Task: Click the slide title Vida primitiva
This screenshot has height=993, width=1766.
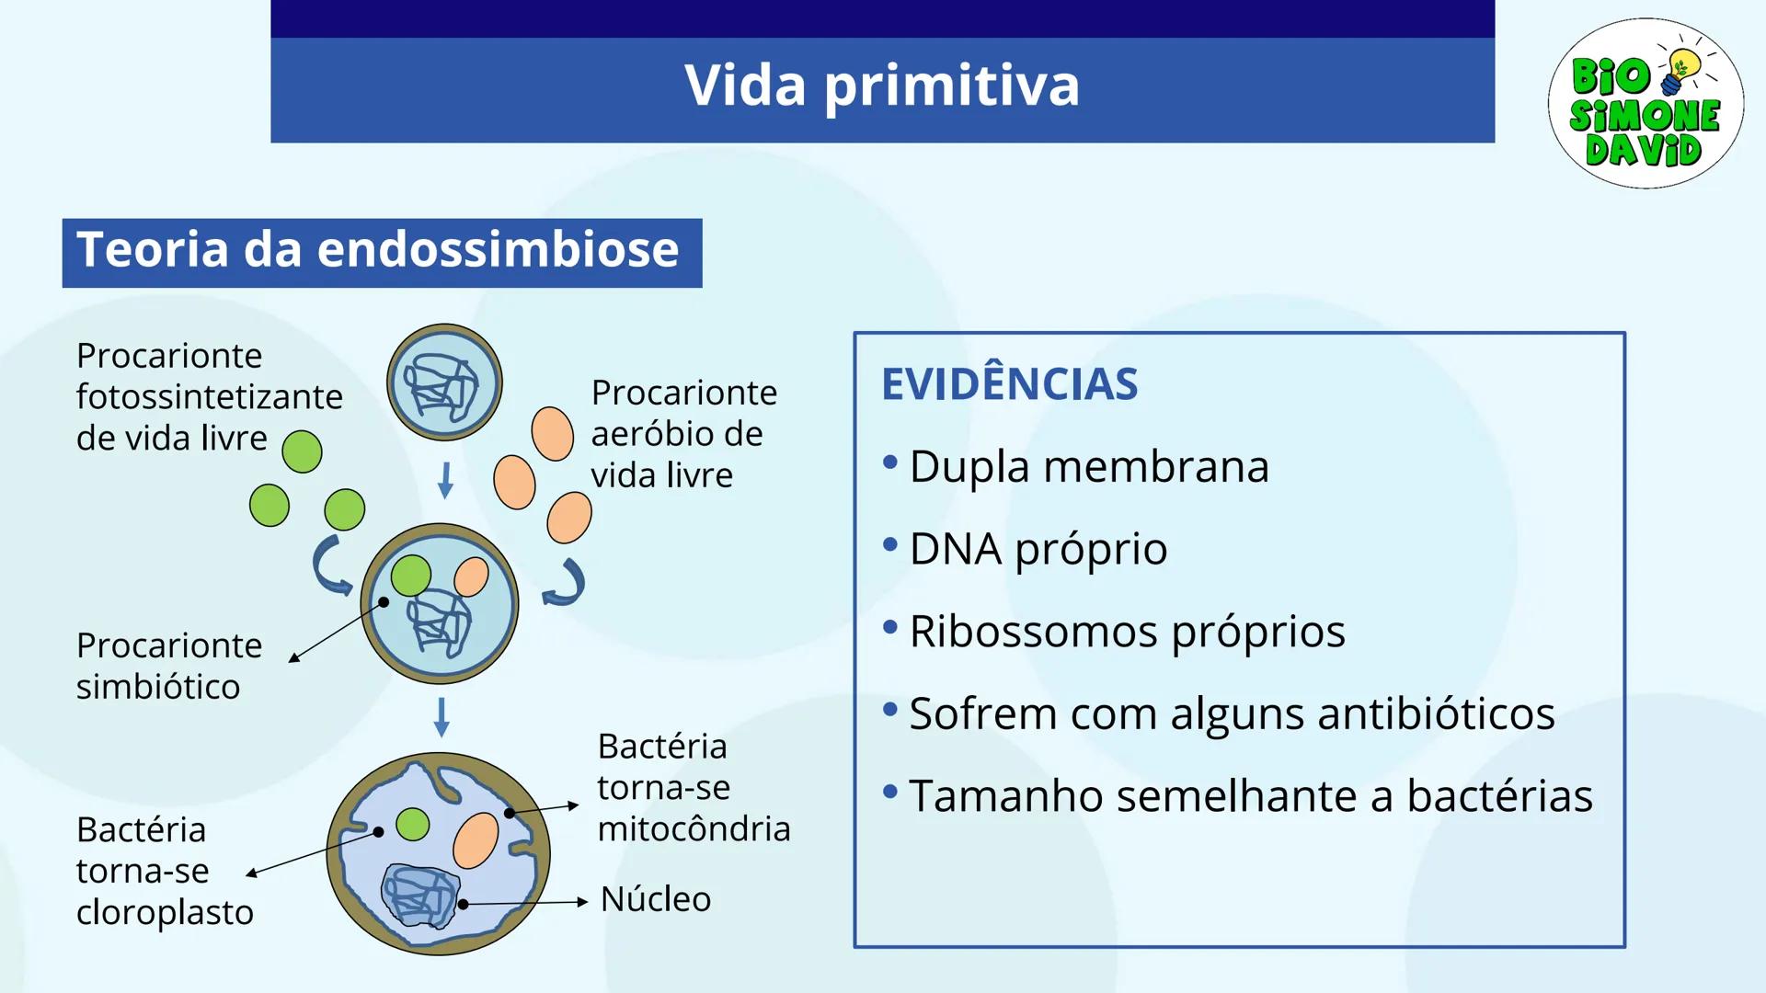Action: pyautogui.click(x=881, y=86)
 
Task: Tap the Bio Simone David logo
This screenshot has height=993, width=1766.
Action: pyautogui.click(x=1645, y=103)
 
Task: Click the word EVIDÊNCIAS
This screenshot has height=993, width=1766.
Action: pyautogui.click(x=1009, y=384)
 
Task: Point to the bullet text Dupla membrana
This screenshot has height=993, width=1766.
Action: pyautogui.click(x=1088, y=466)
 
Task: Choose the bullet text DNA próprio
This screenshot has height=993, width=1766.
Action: pyautogui.click(x=1038, y=549)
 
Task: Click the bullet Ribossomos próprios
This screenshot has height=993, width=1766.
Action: pyautogui.click(x=1126, y=632)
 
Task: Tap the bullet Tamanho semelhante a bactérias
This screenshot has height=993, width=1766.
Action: pyautogui.click(x=1249, y=796)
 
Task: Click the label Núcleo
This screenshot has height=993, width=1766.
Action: pyautogui.click(x=655, y=899)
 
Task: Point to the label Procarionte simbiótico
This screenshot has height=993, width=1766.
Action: pyautogui.click(x=168, y=666)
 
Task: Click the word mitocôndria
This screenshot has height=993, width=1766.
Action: pyautogui.click(x=693, y=829)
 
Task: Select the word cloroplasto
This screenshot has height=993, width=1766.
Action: pyautogui.click(x=165, y=912)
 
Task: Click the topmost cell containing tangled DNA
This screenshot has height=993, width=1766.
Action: pyautogui.click(x=444, y=382)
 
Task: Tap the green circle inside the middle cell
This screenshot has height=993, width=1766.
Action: pyautogui.click(x=410, y=576)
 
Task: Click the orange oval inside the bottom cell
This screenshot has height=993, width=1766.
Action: pyautogui.click(x=476, y=839)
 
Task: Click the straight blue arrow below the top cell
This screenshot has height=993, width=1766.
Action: pyautogui.click(x=445, y=480)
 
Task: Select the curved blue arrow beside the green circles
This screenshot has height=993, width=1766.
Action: pyautogui.click(x=329, y=565)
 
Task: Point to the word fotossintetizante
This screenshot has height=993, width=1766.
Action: pyautogui.click(x=209, y=397)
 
